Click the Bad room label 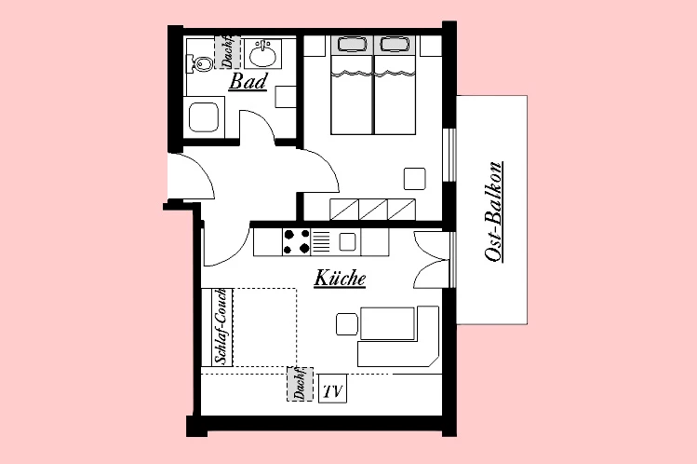[248, 82]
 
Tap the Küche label [340, 278]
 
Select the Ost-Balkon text [494, 212]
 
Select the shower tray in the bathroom [204, 118]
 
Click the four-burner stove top [297, 241]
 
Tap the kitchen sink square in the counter [347, 241]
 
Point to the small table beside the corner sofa [346, 324]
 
